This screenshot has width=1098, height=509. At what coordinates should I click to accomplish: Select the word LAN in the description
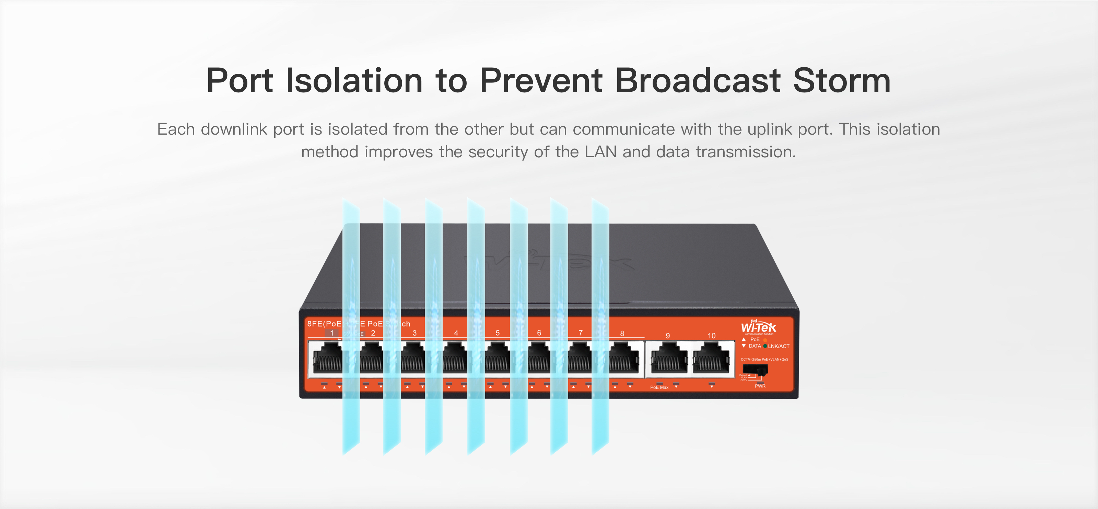pos(600,152)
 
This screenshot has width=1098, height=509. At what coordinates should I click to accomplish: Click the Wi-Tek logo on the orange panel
pos(758,327)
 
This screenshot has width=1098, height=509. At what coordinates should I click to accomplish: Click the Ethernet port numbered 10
pos(711,360)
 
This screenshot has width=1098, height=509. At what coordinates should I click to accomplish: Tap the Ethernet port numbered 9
pos(669,360)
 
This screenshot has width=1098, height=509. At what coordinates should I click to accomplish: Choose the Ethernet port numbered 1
pos(328,360)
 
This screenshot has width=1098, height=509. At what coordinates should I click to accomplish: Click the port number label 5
pos(498,333)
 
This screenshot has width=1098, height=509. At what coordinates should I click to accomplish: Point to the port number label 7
pos(581,333)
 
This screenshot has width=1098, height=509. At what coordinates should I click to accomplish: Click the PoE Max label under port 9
pos(659,387)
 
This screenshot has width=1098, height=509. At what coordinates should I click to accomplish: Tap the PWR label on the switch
pos(760,386)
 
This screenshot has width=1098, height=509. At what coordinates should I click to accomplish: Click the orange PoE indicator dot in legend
pos(765,340)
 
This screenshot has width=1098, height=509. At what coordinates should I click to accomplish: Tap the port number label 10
pos(711,336)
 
